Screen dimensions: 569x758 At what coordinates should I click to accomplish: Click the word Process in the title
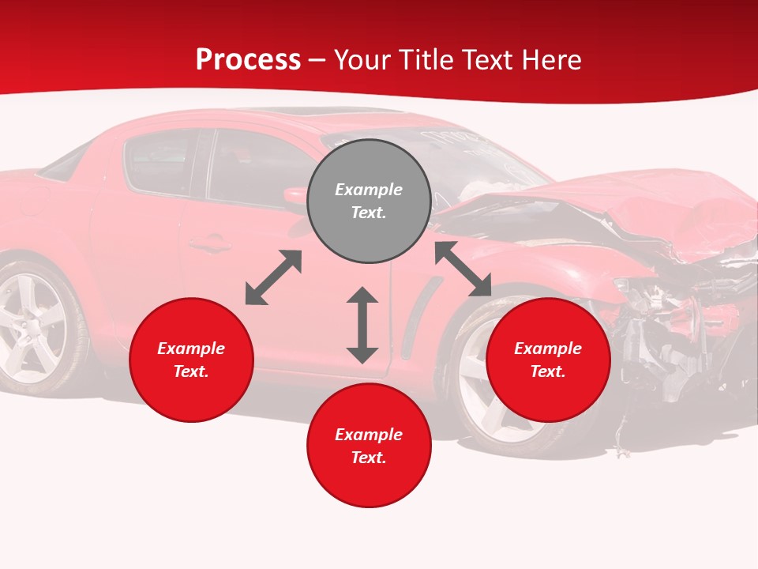coord(248,60)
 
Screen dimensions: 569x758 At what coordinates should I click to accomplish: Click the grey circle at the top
coord(369,201)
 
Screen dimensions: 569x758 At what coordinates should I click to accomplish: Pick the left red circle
coord(191,360)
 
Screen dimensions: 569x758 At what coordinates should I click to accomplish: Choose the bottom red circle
coord(369,446)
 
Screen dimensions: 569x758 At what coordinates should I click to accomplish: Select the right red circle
coord(548,360)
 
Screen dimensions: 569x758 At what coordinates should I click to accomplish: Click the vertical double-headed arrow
coord(362,325)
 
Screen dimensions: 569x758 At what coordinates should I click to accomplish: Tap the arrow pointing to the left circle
coord(273,277)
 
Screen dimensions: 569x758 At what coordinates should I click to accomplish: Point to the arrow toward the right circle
coord(463,269)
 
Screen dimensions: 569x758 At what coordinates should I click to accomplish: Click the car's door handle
coord(210,244)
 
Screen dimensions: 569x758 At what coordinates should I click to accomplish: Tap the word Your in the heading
coord(362,60)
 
